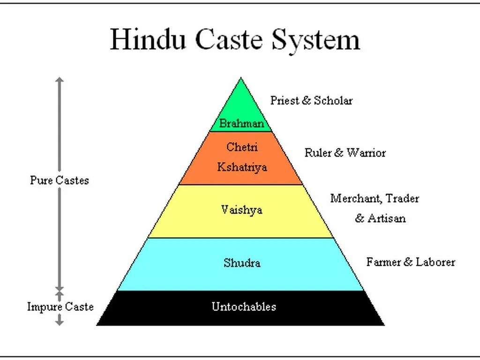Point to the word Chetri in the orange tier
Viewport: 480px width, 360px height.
click(x=242, y=147)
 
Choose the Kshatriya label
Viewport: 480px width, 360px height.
click(x=242, y=167)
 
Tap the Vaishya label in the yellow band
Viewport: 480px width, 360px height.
click(x=242, y=210)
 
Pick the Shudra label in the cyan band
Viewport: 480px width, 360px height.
click(x=242, y=262)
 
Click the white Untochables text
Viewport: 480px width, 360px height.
click(x=244, y=307)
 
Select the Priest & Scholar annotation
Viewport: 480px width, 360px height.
click(x=311, y=100)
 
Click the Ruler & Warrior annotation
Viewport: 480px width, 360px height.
click(x=345, y=152)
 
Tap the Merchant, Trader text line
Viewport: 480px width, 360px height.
click(x=375, y=198)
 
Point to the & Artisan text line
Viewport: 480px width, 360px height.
click(x=380, y=218)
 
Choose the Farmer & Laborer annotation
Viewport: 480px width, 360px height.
click(x=411, y=262)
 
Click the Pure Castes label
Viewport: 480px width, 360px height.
click(x=59, y=180)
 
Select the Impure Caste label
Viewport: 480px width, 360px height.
click(x=60, y=307)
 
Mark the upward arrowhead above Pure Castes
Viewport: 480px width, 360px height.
click(x=59, y=81)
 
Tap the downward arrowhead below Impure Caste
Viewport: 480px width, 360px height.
click(x=59, y=322)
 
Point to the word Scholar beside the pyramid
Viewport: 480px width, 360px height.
click(x=333, y=100)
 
